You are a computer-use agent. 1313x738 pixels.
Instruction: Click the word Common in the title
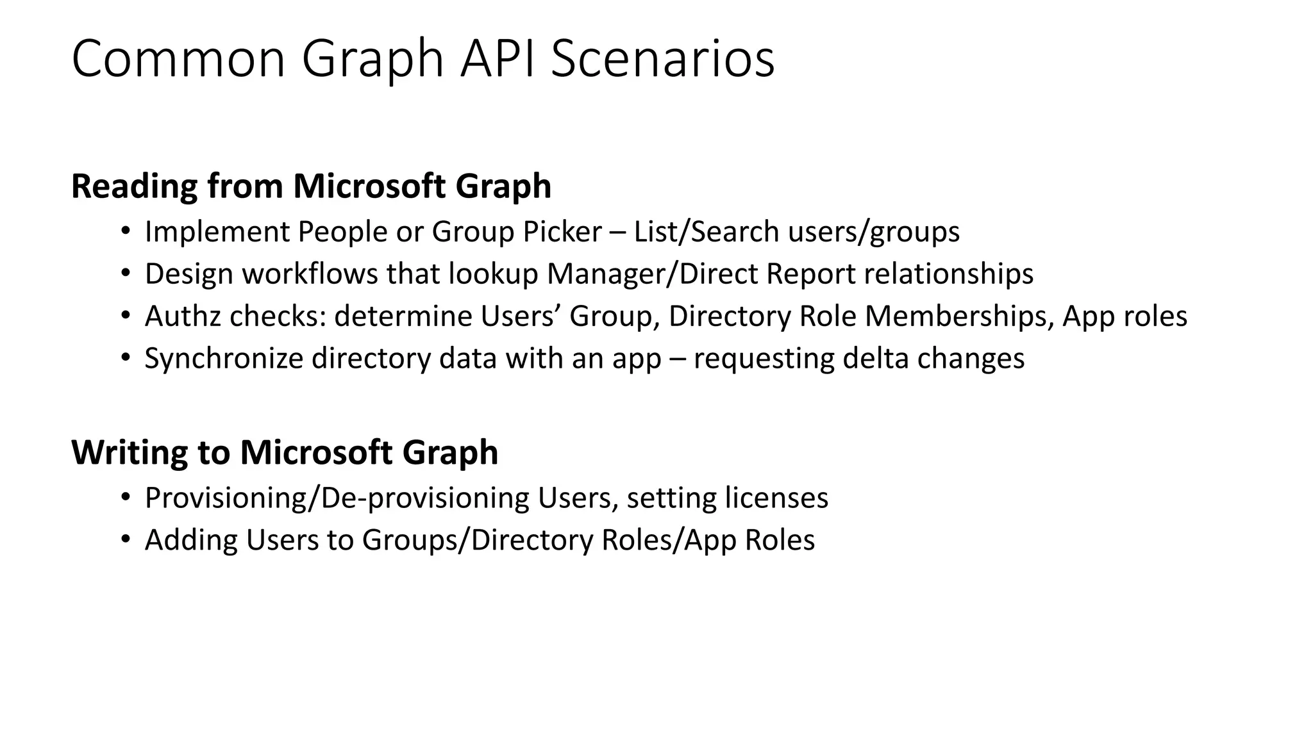coord(178,60)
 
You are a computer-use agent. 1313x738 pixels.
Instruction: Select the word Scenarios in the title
coord(662,60)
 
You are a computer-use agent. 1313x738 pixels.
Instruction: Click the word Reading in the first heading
coord(134,186)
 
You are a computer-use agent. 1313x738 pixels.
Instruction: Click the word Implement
coord(217,232)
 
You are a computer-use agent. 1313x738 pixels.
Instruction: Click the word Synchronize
coord(224,359)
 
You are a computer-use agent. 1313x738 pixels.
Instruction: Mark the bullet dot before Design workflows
coord(125,274)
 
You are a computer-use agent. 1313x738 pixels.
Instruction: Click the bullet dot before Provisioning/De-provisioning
coord(125,498)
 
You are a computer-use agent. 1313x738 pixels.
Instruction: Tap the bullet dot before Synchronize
coord(125,358)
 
